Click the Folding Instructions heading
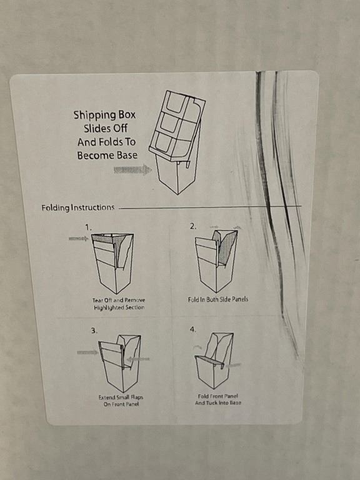[x=78, y=208]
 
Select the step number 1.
[x=88, y=227]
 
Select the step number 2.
[x=193, y=226]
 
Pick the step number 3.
[x=94, y=331]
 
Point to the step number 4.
[x=193, y=329]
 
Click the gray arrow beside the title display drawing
[x=132, y=169]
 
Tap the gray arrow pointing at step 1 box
[x=79, y=239]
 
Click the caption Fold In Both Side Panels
[x=218, y=299]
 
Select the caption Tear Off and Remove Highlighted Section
[x=119, y=304]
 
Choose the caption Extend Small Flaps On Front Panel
[x=121, y=401]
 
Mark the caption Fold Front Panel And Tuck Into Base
[x=218, y=399]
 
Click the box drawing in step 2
[x=217, y=261]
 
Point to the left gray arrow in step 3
[x=87, y=352]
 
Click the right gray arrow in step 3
[x=138, y=359]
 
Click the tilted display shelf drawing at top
[x=177, y=142]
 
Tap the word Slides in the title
[x=105, y=129]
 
